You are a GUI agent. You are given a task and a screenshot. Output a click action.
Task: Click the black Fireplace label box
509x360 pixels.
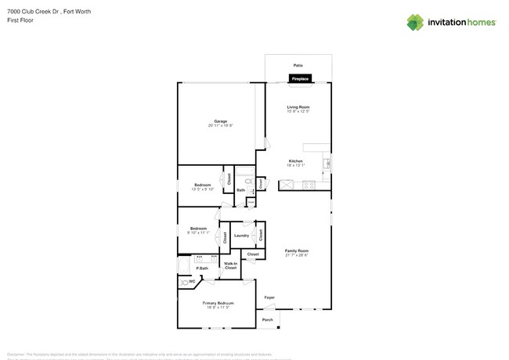pos(301,78)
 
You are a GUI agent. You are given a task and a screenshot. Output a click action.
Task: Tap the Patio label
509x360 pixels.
pos(298,65)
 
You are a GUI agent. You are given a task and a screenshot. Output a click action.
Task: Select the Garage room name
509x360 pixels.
pos(221,121)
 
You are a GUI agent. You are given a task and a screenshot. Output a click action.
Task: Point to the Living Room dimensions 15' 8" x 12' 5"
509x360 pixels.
pos(298,111)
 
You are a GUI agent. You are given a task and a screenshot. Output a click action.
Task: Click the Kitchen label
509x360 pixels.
pos(295,161)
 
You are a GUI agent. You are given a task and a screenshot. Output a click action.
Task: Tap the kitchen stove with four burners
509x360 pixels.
pos(308,185)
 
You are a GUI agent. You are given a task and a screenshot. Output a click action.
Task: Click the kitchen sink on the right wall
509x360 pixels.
pos(327,164)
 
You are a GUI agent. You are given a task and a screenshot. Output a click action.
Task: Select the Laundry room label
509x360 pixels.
pos(241,236)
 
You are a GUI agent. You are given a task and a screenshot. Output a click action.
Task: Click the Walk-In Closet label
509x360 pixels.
pos(230,266)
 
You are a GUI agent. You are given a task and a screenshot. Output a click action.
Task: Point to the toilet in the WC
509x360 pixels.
pos(185,282)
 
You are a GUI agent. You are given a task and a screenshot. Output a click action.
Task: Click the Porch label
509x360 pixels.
pos(267,320)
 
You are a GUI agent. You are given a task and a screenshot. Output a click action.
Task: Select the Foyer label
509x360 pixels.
pos(269,297)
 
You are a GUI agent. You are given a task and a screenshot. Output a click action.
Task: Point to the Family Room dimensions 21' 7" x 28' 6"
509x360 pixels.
pos(297,255)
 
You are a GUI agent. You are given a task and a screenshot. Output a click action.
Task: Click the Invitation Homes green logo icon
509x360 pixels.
pos(415,23)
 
